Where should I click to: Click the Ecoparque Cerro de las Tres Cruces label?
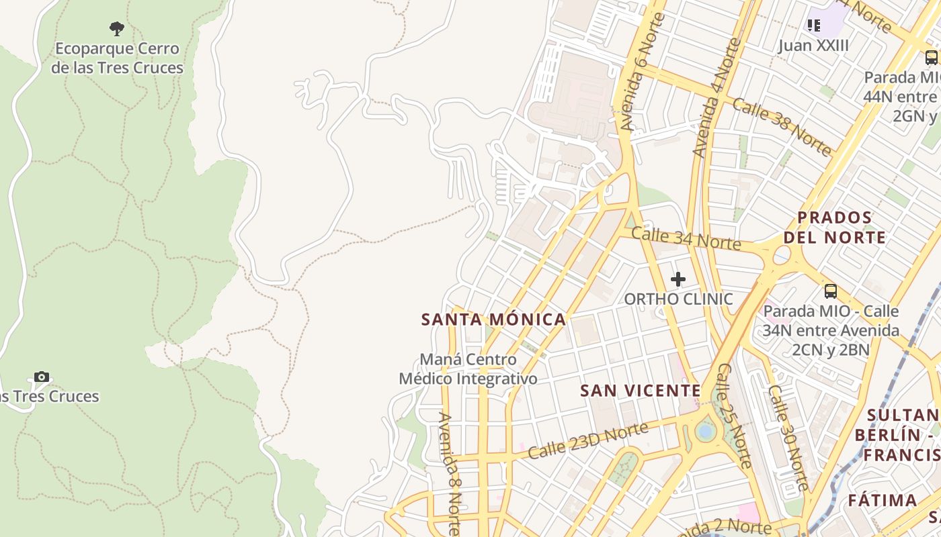pyautogui.click(x=117, y=58)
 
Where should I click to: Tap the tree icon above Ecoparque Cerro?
pyautogui.click(x=117, y=29)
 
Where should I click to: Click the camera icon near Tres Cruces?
pyautogui.click(x=42, y=377)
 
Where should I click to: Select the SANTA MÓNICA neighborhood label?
pyautogui.click(x=493, y=320)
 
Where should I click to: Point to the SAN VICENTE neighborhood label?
pyautogui.click(x=641, y=391)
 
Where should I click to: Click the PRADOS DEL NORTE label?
pyautogui.click(x=834, y=228)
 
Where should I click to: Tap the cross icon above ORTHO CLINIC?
pyautogui.click(x=678, y=279)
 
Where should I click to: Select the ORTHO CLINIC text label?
pyautogui.click(x=678, y=299)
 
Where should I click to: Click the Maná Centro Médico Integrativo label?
pyautogui.click(x=468, y=369)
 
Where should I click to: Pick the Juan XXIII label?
pyautogui.click(x=813, y=46)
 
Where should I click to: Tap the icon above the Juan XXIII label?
pyautogui.click(x=813, y=26)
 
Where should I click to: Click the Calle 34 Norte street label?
pyautogui.click(x=686, y=238)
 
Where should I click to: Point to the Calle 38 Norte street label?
pyautogui.click(x=782, y=127)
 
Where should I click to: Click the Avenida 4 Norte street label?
pyautogui.click(x=717, y=98)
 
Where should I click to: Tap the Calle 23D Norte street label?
pyautogui.click(x=588, y=440)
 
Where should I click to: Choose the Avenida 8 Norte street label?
pyautogui.click(x=450, y=473)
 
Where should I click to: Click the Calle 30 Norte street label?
pyautogui.click(x=788, y=437)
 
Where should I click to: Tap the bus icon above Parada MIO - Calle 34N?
pyautogui.click(x=831, y=291)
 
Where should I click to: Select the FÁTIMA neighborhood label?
pyautogui.click(x=882, y=501)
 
